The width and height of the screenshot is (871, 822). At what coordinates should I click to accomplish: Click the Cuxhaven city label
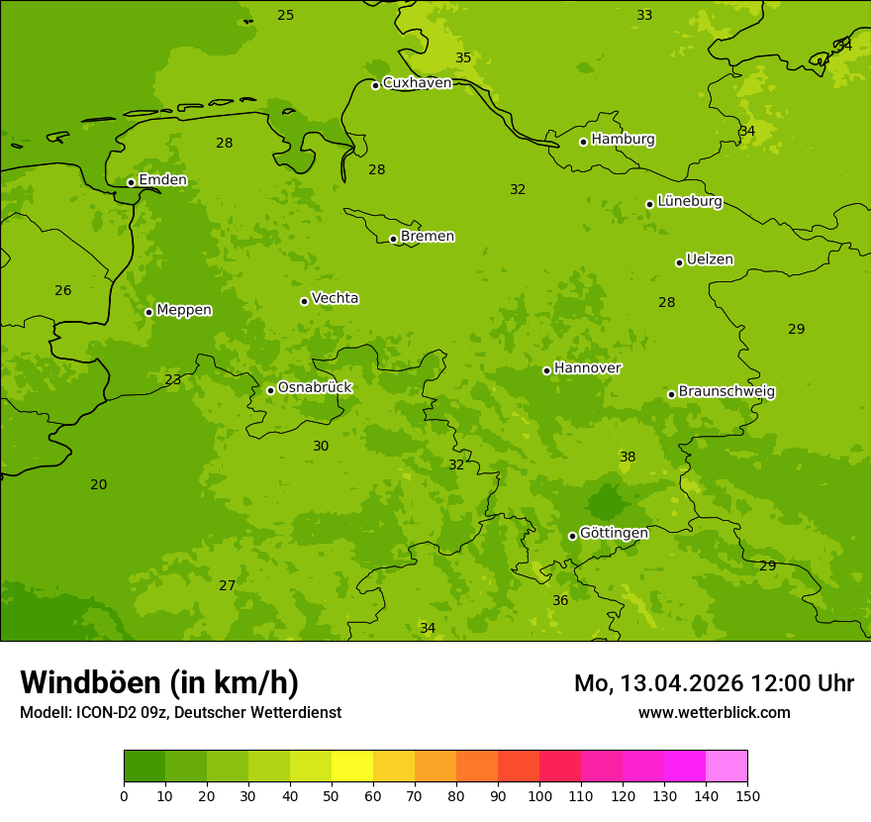pyautogui.click(x=417, y=83)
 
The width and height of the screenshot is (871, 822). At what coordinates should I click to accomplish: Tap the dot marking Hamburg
pyautogui.click(x=583, y=142)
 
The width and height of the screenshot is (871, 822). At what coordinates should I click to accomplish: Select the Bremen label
pyautogui.click(x=428, y=237)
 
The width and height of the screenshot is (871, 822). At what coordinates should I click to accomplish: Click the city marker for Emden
pyautogui.click(x=131, y=182)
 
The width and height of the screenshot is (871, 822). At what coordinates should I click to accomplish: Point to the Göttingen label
pyautogui.click(x=614, y=533)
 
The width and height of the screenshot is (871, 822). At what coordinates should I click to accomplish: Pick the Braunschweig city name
pyautogui.click(x=726, y=392)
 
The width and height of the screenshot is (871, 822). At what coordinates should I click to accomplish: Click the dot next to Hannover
pyautogui.click(x=546, y=370)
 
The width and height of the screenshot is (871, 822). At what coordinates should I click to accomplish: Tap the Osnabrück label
pyautogui.click(x=315, y=388)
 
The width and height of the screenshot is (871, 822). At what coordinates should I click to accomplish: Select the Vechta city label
pyautogui.click(x=335, y=298)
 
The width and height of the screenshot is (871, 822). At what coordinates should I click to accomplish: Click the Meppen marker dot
pyautogui.click(x=148, y=312)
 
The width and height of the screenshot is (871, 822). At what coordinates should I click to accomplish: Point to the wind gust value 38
pyautogui.click(x=628, y=457)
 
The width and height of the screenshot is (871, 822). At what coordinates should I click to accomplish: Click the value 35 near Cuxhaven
pyautogui.click(x=463, y=57)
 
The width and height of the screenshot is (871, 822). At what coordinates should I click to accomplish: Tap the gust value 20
pyautogui.click(x=98, y=484)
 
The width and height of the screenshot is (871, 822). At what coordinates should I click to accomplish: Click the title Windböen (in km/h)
pyautogui.click(x=159, y=682)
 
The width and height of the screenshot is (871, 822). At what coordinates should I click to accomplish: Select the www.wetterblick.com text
pyautogui.click(x=714, y=712)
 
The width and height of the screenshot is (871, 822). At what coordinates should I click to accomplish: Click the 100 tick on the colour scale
pyautogui.click(x=539, y=795)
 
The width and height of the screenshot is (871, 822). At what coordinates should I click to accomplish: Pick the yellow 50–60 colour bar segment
pyautogui.click(x=352, y=767)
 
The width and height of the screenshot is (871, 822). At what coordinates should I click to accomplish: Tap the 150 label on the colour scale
pyautogui.click(x=747, y=795)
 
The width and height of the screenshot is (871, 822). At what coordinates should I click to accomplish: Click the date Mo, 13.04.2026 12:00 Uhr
pyautogui.click(x=714, y=683)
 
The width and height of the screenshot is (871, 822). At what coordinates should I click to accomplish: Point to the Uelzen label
pyautogui.click(x=710, y=259)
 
